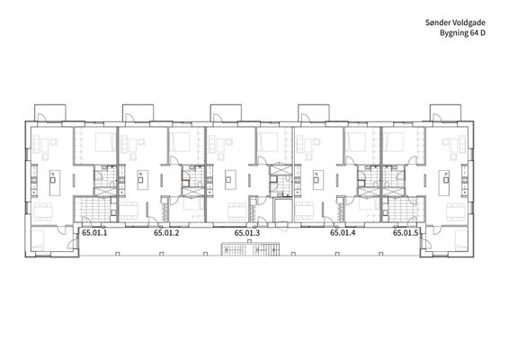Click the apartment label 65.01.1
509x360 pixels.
point(94,232)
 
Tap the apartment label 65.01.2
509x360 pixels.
point(166,232)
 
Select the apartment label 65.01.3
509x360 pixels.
point(247,232)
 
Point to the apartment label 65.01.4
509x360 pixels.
point(343,232)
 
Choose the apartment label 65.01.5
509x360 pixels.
point(406,232)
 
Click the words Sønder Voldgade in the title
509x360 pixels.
point(455,22)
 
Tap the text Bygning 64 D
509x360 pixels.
point(462,32)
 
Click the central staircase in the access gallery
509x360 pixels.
point(250,248)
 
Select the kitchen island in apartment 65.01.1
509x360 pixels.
point(55,184)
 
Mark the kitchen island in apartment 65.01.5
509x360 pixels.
point(444,184)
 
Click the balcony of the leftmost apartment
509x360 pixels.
point(50,112)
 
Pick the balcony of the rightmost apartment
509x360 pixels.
point(446,112)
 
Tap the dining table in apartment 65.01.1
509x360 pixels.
point(43,211)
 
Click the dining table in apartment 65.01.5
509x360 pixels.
point(455,211)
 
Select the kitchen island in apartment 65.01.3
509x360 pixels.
point(230,180)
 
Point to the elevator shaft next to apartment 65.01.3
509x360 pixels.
point(281,211)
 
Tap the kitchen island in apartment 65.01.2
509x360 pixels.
point(142,180)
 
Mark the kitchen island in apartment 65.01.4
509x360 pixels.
point(318,180)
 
